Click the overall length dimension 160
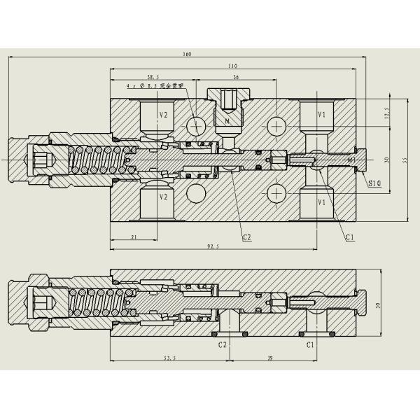click(188, 54)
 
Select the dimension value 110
click(232, 66)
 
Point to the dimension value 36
click(236, 76)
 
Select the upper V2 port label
click(163, 114)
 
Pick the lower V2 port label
click(163, 197)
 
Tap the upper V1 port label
click(321, 114)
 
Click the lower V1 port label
click(321, 202)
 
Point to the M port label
click(228, 122)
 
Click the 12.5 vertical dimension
click(388, 113)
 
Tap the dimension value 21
click(133, 237)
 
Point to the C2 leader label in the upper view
click(246, 237)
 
